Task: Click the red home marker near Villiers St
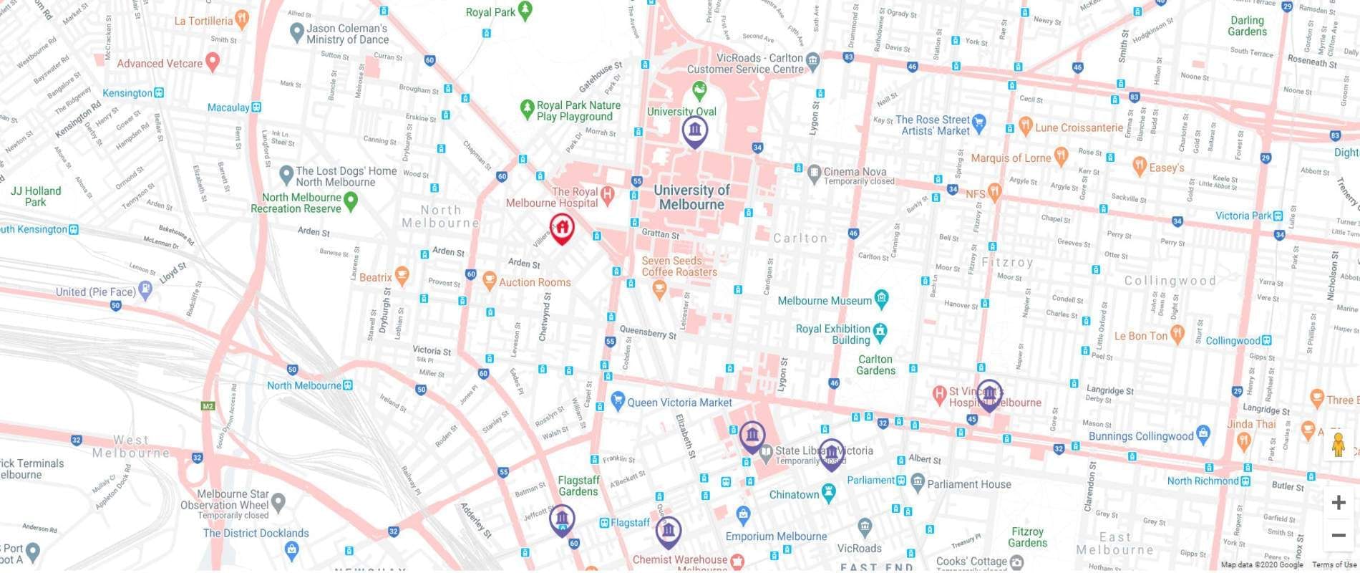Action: (x=562, y=228)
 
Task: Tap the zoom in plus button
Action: (x=1338, y=502)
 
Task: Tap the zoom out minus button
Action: (x=1338, y=535)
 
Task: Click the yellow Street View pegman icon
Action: (x=1338, y=445)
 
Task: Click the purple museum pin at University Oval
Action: (x=694, y=131)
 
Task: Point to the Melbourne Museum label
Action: (x=824, y=301)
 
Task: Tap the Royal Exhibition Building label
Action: (x=832, y=334)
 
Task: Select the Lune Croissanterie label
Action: (x=1079, y=127)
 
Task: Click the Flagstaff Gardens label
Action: (x=578, y=486)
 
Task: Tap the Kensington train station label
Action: (x=127, y=93)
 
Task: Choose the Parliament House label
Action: (x=968, y=484)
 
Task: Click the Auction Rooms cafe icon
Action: (x=489, y=281)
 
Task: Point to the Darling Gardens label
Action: (x=1247, y=26)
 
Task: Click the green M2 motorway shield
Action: (x=208, y=406)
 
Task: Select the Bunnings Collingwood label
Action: (x=1140, y=436)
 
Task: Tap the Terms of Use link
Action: (x=1334, y=565)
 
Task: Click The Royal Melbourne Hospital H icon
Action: (x=607, y=193)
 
